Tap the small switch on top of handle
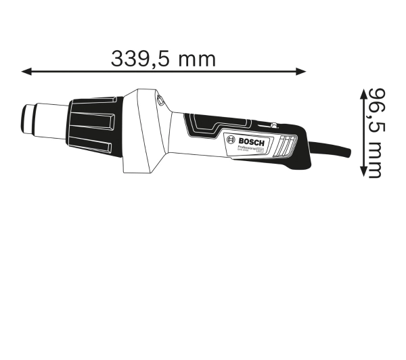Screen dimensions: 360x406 [x=272, y=125]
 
